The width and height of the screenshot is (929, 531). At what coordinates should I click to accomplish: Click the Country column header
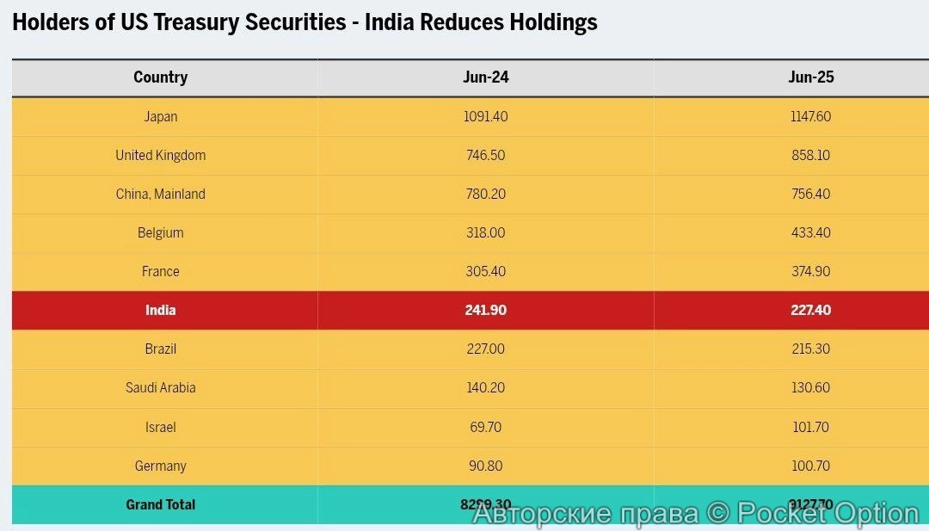(x=160, y=77)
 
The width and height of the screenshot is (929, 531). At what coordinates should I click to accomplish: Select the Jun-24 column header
(x=485, y=77)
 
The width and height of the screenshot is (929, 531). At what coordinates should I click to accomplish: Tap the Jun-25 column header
(x=810, y=77)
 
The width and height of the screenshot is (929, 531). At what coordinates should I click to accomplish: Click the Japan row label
(x=161, y=116)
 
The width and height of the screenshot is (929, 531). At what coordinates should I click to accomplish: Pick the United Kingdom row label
(x=161, y=156)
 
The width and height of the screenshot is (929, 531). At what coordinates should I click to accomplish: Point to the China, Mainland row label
(x=161, y=194)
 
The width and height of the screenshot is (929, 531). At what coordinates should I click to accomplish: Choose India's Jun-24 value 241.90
(x=485, y=310)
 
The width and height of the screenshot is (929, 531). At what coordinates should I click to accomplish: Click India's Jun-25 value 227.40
(x=810, y=310)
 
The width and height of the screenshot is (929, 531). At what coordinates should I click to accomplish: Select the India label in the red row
(x=161, y=310)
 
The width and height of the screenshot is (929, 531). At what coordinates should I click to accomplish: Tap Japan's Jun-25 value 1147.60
(x=810, y=116)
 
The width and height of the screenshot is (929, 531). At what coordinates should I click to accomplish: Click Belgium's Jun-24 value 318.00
(x=485, y=233)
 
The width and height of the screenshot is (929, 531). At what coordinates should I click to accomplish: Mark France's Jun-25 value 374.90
(x=810, y=272)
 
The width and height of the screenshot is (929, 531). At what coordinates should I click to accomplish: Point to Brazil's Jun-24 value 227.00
(x=485, y=349)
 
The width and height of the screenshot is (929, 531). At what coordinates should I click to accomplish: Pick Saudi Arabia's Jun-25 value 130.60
(x=810, y=388)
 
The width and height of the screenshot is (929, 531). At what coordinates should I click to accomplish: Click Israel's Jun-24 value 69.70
(x=485, y=427)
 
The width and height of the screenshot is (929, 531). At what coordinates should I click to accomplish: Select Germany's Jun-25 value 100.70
(x=810, y=466)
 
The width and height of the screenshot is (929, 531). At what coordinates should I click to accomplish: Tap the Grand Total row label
(x=161, y=505)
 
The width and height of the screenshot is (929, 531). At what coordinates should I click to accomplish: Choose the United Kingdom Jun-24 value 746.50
(x=485, y=156)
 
